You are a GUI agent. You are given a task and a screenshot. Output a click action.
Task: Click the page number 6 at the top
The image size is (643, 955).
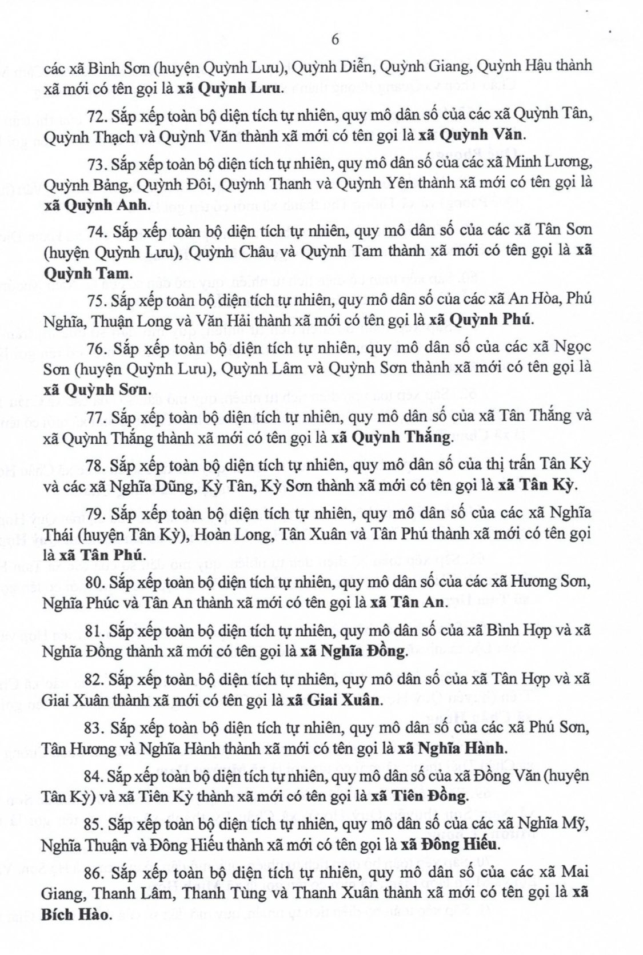[335, 39]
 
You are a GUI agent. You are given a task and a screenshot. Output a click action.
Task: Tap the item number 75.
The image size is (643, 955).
[98, 300]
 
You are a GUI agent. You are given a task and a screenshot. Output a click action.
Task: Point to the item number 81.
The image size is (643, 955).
[96, 631]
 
